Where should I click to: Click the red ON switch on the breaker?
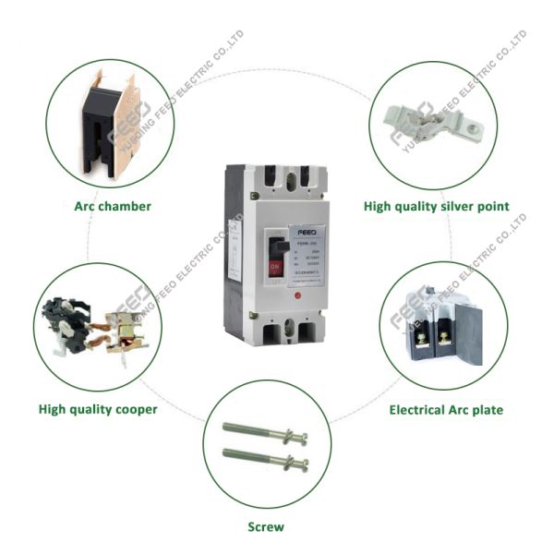274,267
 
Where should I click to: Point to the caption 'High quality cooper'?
98,409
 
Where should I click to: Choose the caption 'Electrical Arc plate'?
446,409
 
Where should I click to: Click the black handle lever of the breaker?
274,247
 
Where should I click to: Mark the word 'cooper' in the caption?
134,409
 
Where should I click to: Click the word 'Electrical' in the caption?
420,409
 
